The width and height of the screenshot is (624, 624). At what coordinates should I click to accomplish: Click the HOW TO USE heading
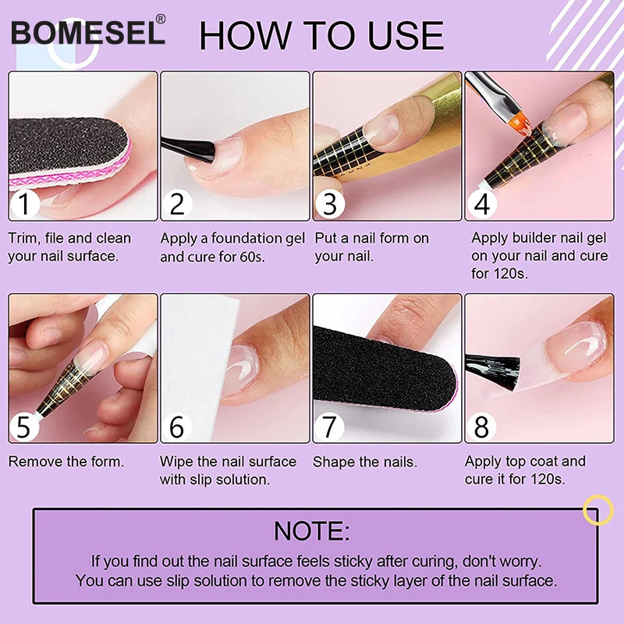pyautogui.click(x=321, y=35)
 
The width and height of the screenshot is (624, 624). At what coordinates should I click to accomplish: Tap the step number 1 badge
pyautogui.click(x=26, y=204)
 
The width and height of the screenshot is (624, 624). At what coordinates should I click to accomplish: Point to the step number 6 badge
pyautogui.click(x=178, y=427)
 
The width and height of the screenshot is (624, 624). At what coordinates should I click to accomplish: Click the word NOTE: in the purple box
pyautogui.click(x=311, y=530)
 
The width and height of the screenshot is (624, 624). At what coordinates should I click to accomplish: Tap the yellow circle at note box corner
pyautogui.click(x=598, y=510)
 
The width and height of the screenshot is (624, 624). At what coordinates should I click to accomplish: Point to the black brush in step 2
pyautogui.click(x=187, y=147)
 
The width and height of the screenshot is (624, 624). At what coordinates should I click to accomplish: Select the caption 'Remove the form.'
pyautogui.click(x=66, y=462)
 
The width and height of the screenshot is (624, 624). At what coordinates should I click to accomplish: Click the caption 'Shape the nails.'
pyautogui.click(x=364, y=462)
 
